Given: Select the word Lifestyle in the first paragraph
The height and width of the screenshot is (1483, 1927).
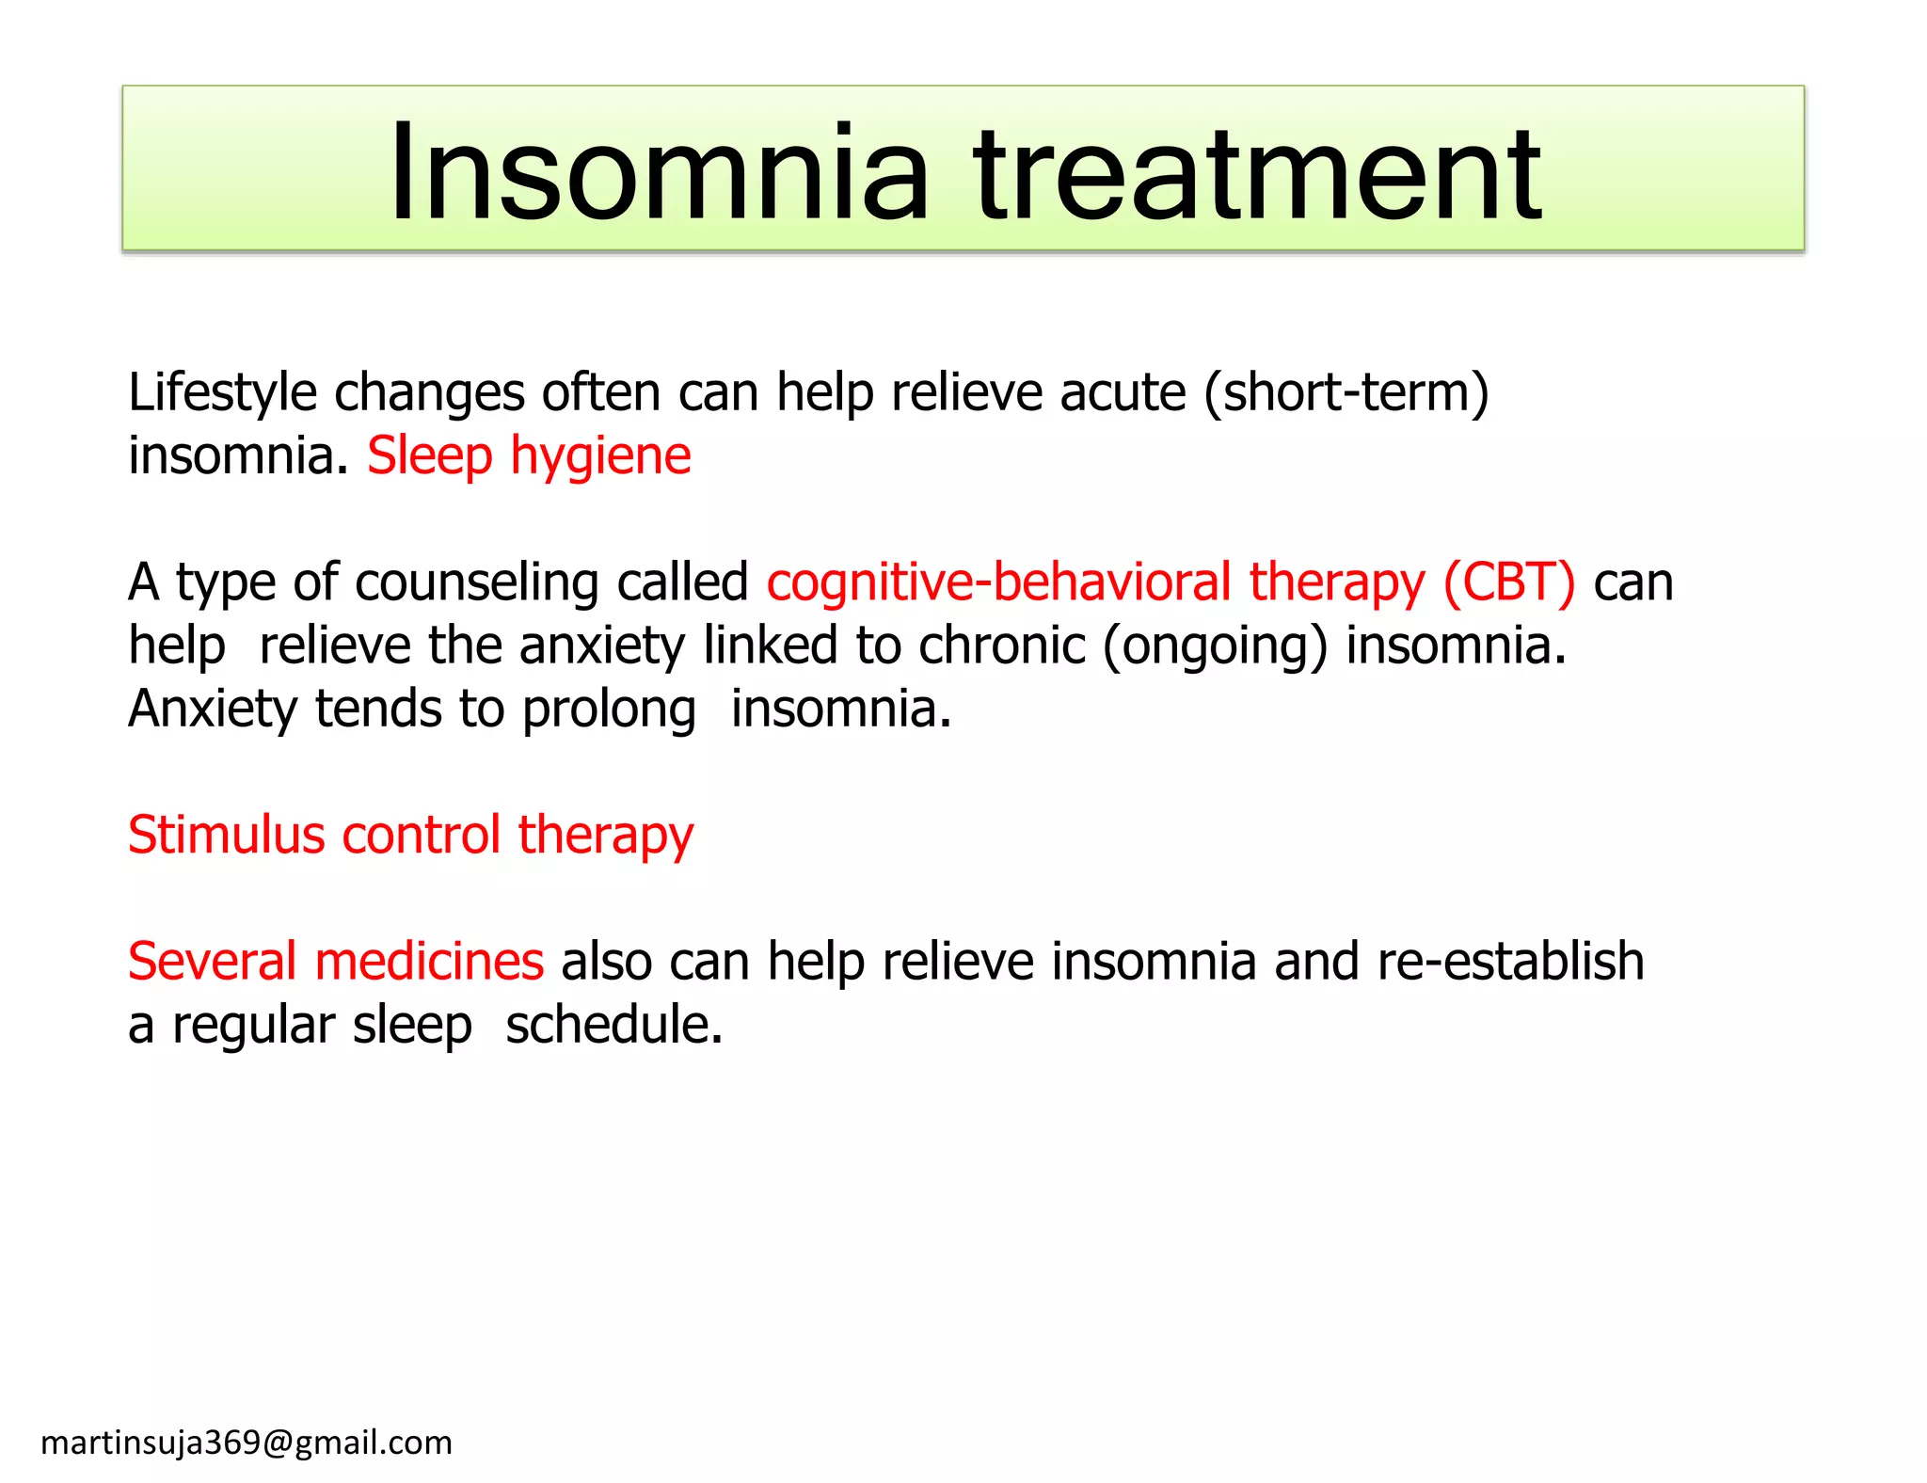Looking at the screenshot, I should [x=222, y=392].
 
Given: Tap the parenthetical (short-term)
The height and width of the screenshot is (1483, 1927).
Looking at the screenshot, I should [x=1346, y=392].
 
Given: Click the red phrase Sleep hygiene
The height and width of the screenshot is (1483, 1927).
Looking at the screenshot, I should [x=529, y=456].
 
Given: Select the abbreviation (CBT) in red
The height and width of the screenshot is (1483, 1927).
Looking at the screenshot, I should [x=1508, y=582].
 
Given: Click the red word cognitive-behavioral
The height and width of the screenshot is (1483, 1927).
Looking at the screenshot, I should [x=998, y=582].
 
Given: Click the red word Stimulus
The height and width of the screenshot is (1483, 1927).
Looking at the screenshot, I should [x=226, y=835].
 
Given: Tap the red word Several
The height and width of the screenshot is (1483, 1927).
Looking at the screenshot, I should [x=212, y=962].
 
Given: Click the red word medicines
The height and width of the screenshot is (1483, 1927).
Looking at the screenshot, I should [x=429, y=962].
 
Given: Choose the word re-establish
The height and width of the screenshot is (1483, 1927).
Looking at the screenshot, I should [x=1510, y=962].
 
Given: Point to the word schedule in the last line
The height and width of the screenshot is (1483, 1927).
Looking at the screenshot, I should [x=613, y=1025].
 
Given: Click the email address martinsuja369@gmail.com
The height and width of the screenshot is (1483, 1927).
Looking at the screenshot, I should [x=247, y=1443].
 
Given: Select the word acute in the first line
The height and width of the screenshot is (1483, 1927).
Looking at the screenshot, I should [x=1123, y=392].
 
